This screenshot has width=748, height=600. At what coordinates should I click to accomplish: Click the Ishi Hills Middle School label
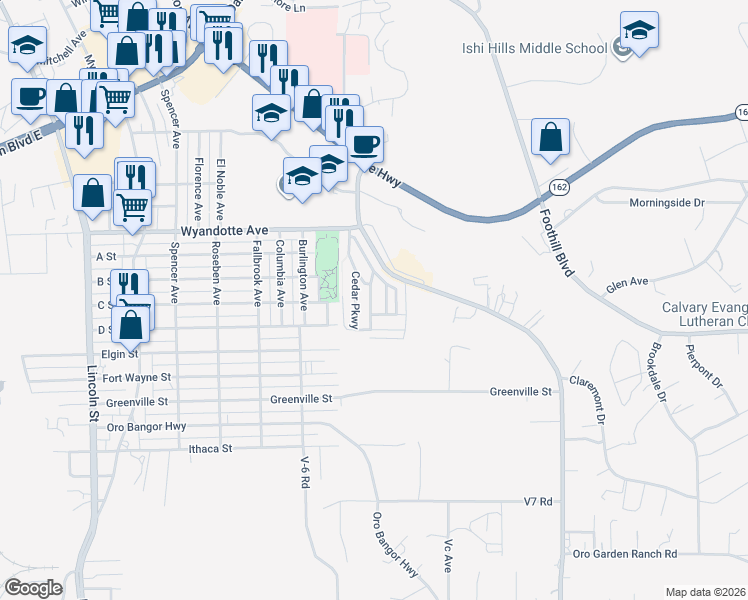click(534, 48)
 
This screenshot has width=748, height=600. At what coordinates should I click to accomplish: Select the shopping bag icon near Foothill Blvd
click(551, 140)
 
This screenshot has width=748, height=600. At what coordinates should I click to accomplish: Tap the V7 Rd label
click(538, 501)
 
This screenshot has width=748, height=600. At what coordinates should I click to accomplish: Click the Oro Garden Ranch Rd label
click(625, 553)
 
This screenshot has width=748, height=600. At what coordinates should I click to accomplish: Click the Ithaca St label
click(210, 449)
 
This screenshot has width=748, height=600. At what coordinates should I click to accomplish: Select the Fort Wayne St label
click(137, 378)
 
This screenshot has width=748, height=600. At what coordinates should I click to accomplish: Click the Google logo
click(33, 588)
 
